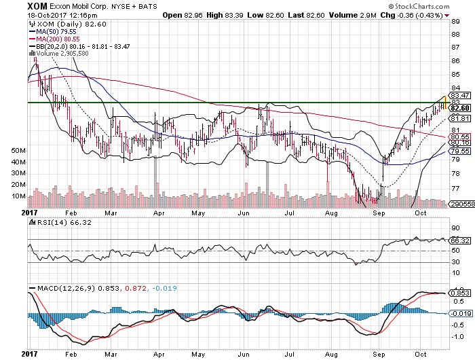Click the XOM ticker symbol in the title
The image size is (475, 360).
pos(15,5)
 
